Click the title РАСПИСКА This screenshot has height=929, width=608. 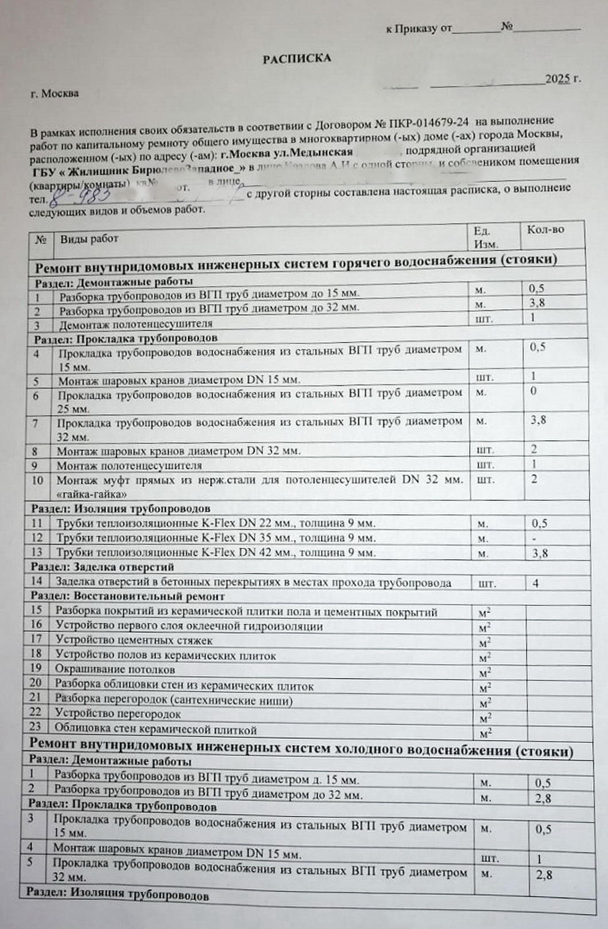(x=297, y=58)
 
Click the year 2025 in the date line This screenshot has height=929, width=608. (x=557, y=79)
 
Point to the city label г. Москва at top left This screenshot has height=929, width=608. (x=55, y=93)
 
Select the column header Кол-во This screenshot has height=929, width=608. (x=545, y=230)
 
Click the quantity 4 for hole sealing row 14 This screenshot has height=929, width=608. (x=536, y=583)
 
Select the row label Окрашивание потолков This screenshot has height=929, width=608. (x=115, y=669)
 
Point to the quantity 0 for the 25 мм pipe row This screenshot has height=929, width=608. (x=534, y=391)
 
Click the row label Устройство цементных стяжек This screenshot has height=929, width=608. (x=134, y=640)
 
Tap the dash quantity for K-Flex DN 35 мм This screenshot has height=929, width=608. (x=535, y=538)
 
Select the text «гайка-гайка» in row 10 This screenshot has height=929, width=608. (x=92, y=494)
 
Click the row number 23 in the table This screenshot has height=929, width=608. (x=36, y=727)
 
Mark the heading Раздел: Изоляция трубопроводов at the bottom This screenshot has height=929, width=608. (x=117, y=895)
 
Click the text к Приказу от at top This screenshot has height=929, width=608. (x=419, y=28)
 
